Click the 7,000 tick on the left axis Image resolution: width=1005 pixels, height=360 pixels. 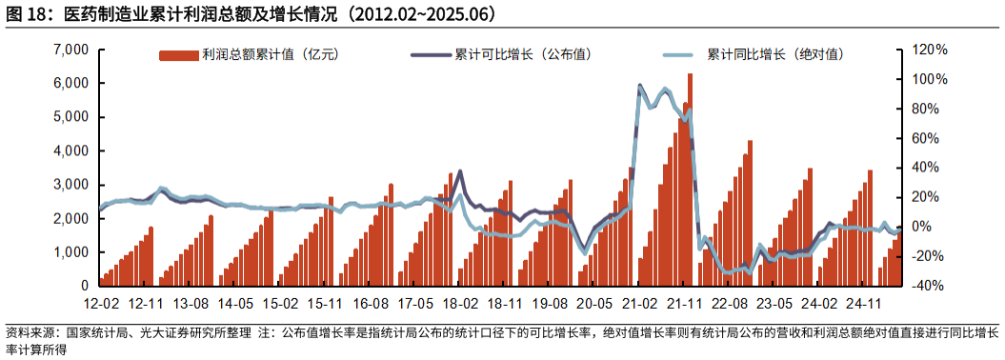[72, 50]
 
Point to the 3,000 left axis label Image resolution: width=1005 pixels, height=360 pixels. [72, 185]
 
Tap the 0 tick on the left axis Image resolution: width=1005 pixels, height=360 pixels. [84, 286]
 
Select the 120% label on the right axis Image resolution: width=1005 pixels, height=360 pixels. [931, 50]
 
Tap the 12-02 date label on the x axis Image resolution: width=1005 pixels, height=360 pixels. [101, 304]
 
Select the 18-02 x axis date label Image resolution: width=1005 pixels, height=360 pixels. [460, 304]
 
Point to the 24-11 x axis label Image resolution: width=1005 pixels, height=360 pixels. [864, 304]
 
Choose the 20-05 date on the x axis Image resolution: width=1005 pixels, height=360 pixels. [594, 304]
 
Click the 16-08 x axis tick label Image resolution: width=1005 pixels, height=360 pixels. [371, 304]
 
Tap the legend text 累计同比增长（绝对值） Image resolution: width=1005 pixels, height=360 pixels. [775, 55]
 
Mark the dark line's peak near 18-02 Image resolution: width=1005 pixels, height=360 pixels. [460, 171]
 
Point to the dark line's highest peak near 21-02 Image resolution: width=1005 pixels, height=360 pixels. [639, 85]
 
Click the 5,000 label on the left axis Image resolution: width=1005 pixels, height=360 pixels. [72, 117]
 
